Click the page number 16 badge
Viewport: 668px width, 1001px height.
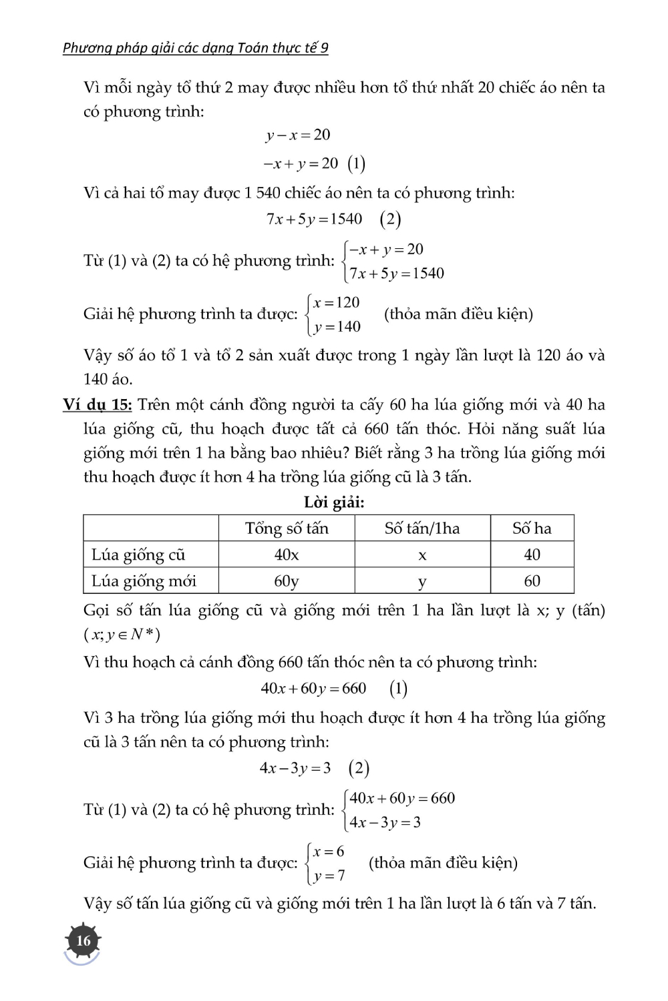pyautogui.click(x=83, y=940)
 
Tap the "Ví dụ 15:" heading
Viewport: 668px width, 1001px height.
pyautogui.click(x=97, y=404)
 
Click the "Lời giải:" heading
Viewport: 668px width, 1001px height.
pyautogui.click(x=334, y=503)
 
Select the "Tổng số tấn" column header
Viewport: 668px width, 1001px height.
pyautogui.click(x=287, y=529)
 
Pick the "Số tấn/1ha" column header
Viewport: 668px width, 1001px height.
pyautogui.click(x=422, y=529)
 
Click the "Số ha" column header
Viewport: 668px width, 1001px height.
pyautogui.click(x=532, y=529)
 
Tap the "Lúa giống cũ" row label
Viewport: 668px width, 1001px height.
pyautogui.click(x=138, y=555)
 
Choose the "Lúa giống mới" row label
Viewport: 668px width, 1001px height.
pyautogui.click(x=144, y=581)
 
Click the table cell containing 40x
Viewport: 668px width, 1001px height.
pyautogui.click(x=287, y=555)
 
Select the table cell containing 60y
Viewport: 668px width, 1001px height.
pyautogui.click(x=287, y=581)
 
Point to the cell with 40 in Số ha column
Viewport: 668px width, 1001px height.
pyautogui.click(x=532, y=555)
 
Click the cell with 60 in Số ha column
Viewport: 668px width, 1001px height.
pyautogui.click(x=532, y=581)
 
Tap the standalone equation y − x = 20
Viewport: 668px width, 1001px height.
pyautogui.click(x=298, y=135)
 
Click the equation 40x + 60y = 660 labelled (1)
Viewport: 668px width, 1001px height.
pyautogui.click(x=314, y=688)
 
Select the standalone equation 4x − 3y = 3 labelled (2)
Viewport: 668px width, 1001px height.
pyautogui.click(x=295, y=768)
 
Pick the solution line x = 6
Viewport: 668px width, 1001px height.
pyautogui.click(x=329, y=852)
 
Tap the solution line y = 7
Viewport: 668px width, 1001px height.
pyautogui.click(x=329, y=876)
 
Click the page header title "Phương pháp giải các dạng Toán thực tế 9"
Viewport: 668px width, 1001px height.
pyautogui.click(x=196, y=47)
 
